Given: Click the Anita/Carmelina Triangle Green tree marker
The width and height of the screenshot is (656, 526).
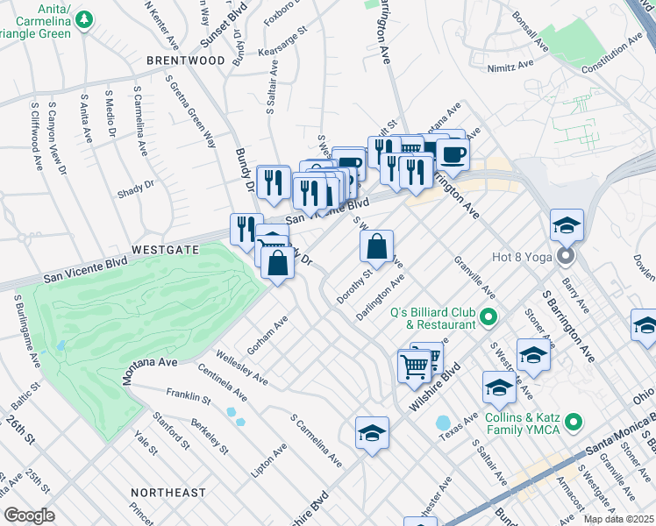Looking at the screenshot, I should click(x=84, y=18).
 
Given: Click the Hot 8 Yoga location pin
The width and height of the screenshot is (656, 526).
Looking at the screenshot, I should click(x=566, y=257).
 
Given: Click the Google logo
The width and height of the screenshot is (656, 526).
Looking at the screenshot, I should click(x=29, y=515).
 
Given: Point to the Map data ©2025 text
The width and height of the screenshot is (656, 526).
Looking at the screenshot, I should click(x=618, y=519).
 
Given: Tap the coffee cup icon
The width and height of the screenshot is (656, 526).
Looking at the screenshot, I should click(x=453, y=154).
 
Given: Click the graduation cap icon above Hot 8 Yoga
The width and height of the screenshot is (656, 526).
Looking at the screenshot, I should click(x=567, y=224).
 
